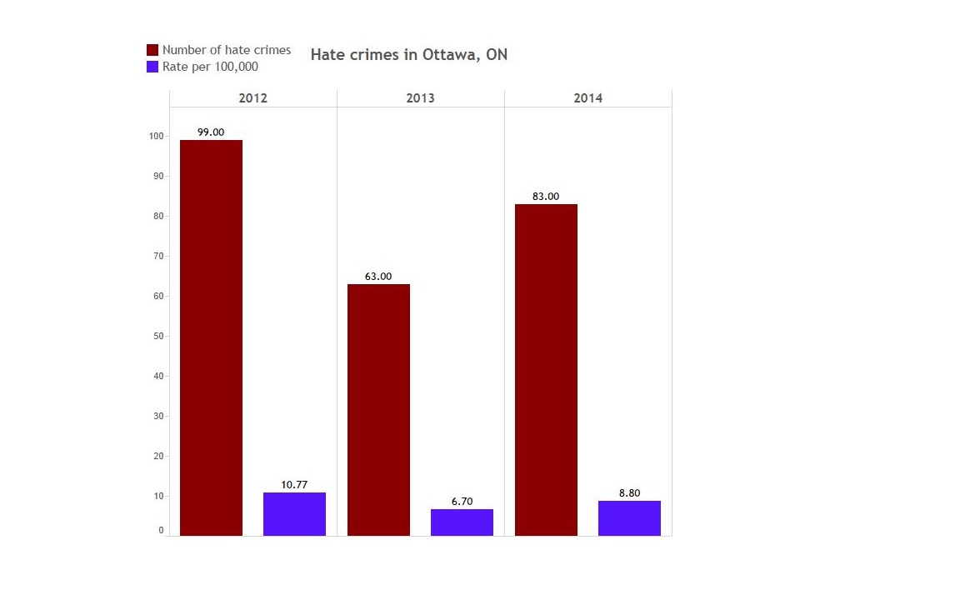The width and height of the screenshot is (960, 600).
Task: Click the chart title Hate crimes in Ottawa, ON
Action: click(408, 55)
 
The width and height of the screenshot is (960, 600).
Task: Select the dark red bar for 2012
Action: click(211, 337)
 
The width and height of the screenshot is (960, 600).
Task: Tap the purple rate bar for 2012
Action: click(294, 514)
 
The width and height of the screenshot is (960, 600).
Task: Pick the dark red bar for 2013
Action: click(378, 410)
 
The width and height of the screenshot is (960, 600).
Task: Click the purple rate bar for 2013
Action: click(462, 522)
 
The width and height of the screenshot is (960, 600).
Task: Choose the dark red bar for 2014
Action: click(546, 370)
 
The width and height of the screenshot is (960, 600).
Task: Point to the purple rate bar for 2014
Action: click(629, 518)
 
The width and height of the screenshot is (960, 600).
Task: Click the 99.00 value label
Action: click(211, 132)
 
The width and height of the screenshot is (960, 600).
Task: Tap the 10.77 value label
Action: click(294, 485)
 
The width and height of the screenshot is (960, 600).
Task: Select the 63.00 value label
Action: click(378, 277)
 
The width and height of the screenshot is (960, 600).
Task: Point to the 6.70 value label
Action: click(462, 502)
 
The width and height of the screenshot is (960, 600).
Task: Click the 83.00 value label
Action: click(546, 197)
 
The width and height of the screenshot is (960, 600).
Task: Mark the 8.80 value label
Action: click(629, 493)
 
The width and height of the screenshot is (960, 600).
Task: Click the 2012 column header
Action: click(252, 98)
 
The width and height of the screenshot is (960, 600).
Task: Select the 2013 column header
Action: click(420, 98)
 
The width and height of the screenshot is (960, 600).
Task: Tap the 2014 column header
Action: click(587, 98)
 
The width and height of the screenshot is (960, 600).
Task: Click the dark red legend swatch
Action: click(152, 50)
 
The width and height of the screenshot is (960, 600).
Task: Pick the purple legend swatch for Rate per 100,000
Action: click(152, 67)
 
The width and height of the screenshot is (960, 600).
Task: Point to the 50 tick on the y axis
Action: click(159, 337)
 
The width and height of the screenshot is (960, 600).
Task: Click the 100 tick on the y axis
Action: click(157, 136)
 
